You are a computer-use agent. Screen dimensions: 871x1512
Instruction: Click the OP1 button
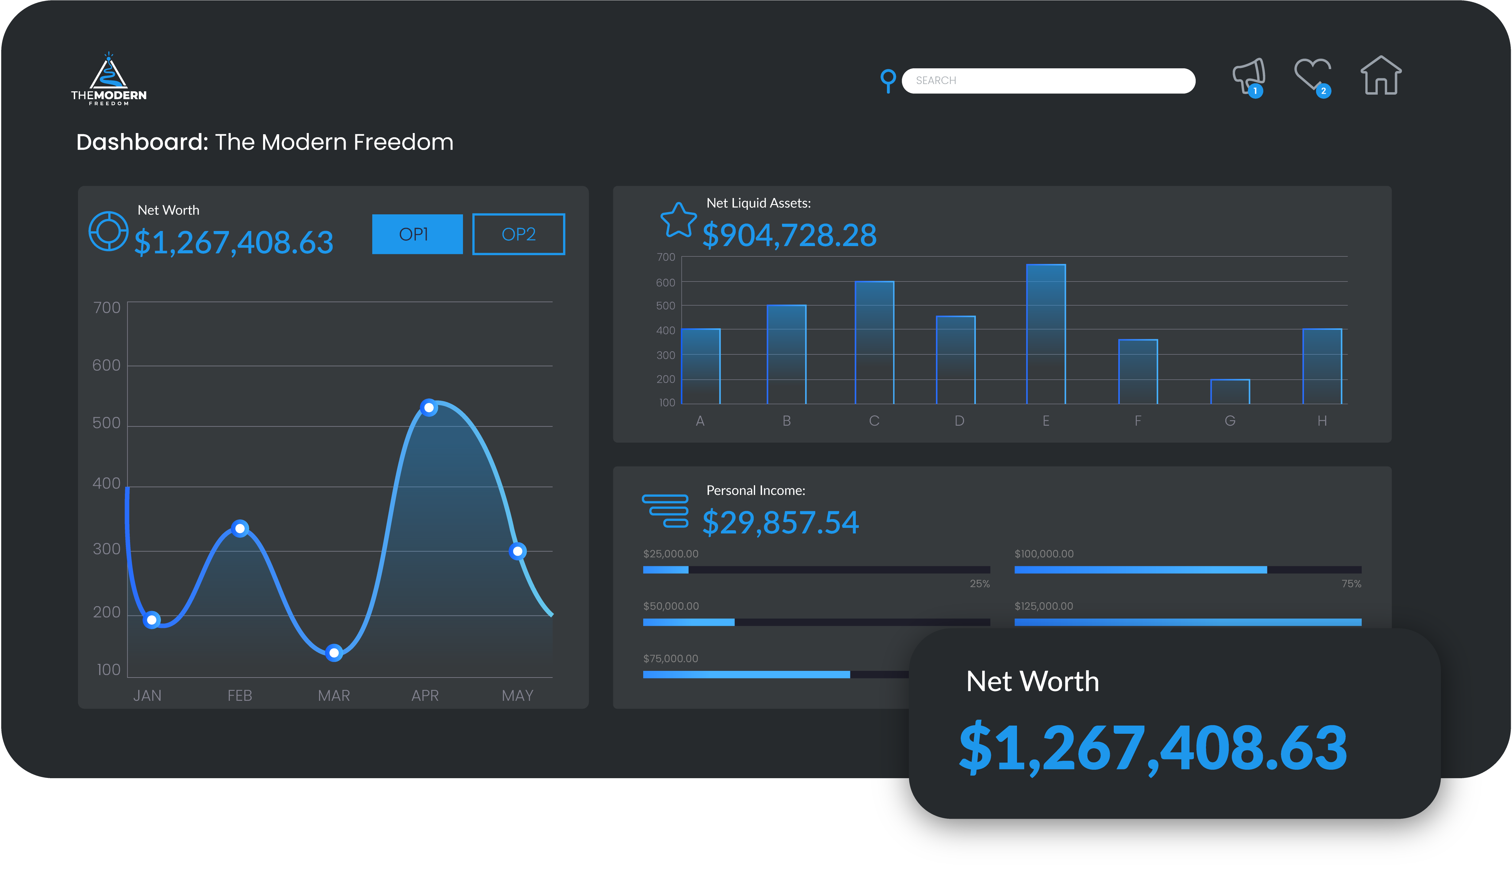click(x=417, y=234)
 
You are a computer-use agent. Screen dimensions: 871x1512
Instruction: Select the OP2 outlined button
click(x=518, y=234)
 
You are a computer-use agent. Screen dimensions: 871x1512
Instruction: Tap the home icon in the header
click(x=1380, y=76)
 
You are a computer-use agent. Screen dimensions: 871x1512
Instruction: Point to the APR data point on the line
click(x=429, y=408)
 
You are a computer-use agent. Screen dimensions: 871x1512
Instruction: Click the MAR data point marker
click(x=334, y=653)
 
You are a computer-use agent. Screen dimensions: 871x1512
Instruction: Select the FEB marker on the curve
click(x=240, y=528)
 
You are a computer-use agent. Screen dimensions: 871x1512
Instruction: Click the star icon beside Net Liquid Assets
click(x=678, y=220)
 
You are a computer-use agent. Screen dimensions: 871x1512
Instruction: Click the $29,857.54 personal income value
click(x=780, y=522)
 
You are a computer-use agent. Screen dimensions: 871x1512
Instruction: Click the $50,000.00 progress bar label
click(x=671, y=606)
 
